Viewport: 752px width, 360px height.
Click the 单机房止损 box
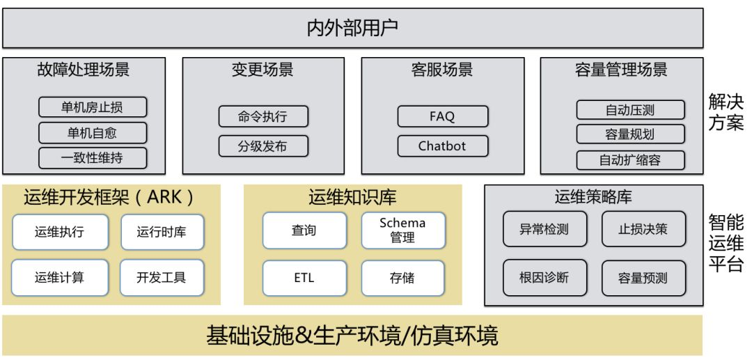(92, 107)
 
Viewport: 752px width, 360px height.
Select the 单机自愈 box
(92, 132)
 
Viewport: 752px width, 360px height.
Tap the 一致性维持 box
(92, 158)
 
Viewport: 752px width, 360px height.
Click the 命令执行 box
(263, 117)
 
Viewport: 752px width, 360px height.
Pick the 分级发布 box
(263, 146)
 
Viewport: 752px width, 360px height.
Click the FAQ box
(442, 116)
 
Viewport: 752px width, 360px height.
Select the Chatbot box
(442, 146)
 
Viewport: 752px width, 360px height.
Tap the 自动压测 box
(630, 109)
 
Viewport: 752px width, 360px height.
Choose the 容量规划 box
(630, 134)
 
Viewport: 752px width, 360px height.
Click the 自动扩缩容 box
(630, 160)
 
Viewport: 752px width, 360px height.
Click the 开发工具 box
(162, 277)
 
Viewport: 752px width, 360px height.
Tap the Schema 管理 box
(402, 230)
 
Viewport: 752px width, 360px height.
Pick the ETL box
(304, 277)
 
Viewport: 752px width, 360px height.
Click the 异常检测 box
(545, 229)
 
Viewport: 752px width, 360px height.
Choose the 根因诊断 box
(545, 277)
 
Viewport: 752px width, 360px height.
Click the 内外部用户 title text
(352, 29)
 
